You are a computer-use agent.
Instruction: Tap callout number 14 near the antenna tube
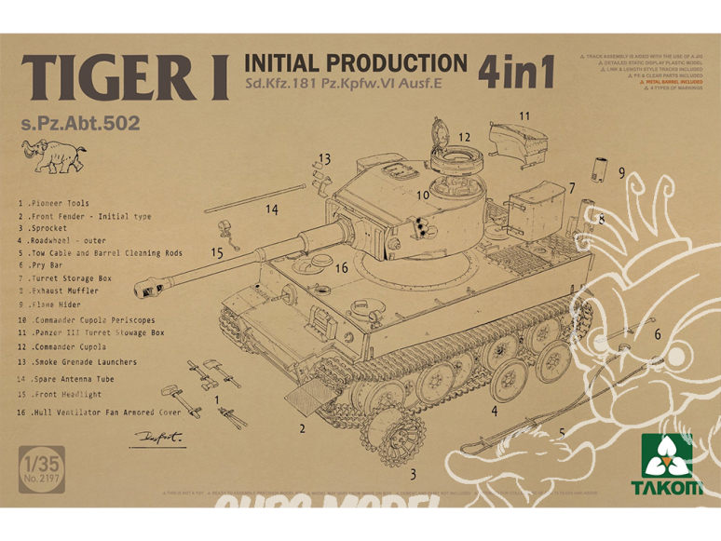(271, 210)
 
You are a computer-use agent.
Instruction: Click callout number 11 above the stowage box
(524, 115)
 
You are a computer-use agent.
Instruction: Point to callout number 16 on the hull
(341, 268)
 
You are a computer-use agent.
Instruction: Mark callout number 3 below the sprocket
(411, 472)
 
